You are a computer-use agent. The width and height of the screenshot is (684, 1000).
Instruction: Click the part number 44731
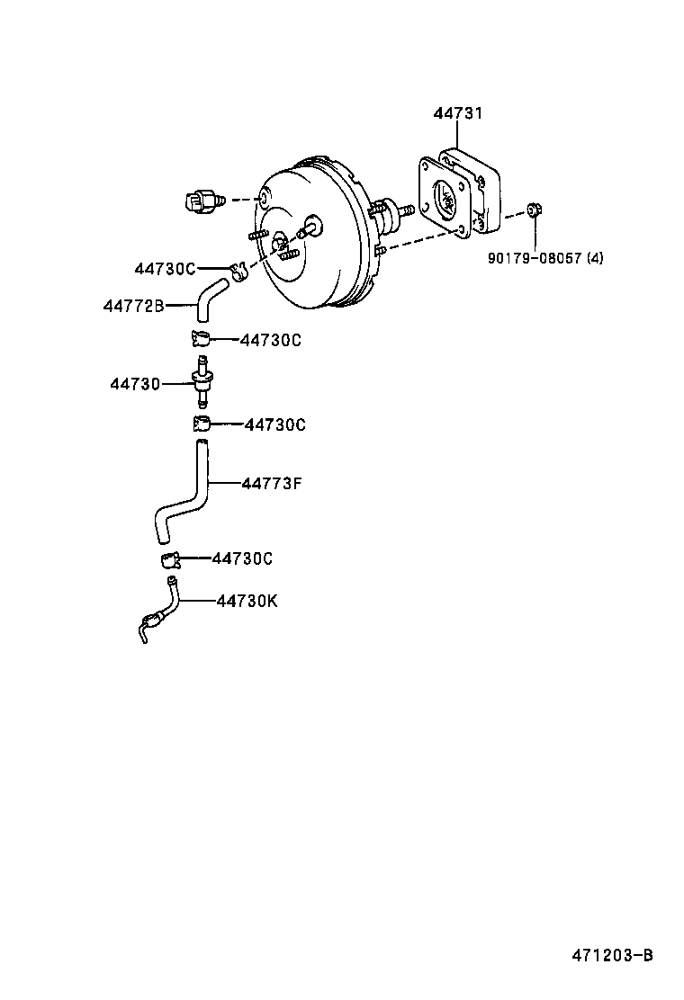click(457, 113)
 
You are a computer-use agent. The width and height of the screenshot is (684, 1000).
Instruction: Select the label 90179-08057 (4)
click(545, 258)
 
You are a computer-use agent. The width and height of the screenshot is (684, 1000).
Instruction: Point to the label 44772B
click(133, 306)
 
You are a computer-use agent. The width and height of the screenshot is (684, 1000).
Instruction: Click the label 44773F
click(272, 484)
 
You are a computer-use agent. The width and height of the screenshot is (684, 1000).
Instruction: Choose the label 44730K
click(247, 601)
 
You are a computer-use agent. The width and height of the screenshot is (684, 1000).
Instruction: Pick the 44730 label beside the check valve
click(135, 384)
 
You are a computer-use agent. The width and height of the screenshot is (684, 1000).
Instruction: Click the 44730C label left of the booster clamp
click(165, 268)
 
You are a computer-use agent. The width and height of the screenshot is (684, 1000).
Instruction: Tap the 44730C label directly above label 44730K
click(242, 558)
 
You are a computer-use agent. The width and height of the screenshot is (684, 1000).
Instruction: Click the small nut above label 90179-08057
click(534, 211)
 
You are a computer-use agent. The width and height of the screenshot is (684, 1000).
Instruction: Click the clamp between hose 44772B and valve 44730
click(200, 339)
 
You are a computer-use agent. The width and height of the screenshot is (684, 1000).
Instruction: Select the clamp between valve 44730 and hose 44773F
click(202, 424)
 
